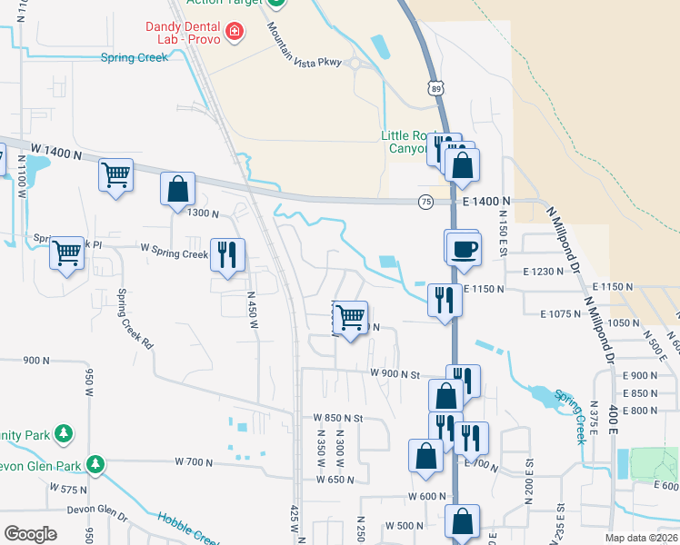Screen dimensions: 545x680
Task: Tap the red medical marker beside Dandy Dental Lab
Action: coord(235,33)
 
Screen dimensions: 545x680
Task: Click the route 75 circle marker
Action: coord(425,203)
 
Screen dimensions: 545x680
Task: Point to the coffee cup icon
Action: coord(464,249)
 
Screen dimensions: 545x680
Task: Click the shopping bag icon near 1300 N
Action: coord(178,189)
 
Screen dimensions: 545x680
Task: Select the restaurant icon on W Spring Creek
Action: coord(225,253)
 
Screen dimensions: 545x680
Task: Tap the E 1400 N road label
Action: coord(485,201)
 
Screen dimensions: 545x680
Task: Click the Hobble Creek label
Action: coord(186,529)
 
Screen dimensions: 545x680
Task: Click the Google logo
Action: coord(30,533)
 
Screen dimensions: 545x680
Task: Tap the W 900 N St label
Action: coord(395,373)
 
